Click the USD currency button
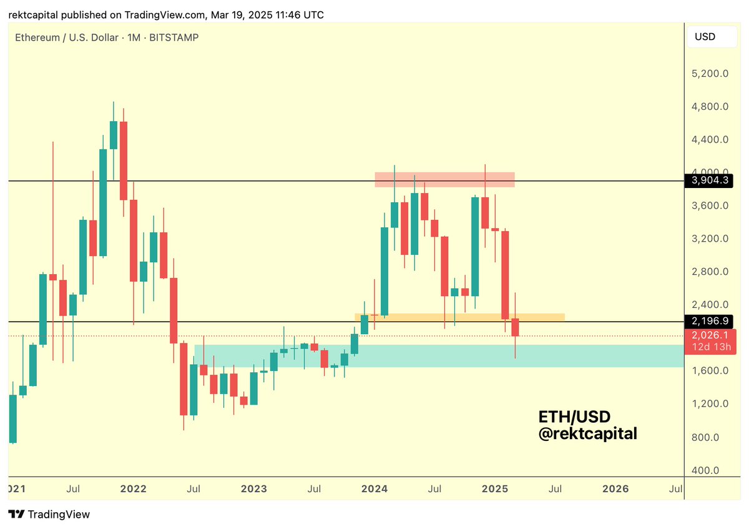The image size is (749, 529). click(x=705, y=37)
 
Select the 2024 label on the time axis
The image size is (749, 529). click(x=376, y=488)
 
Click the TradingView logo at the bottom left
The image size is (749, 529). click(x=49, y=515)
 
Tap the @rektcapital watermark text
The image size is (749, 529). click(x=588, y=433)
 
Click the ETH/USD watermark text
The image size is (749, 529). click(x=574, y=417)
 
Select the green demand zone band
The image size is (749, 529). click(x=437, y=356)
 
